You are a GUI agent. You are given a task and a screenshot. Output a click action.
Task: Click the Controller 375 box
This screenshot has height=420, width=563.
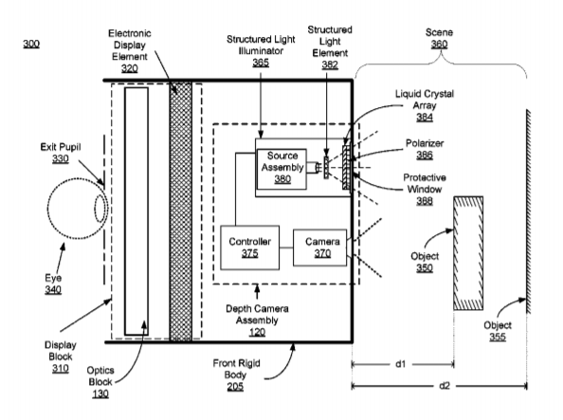tap(250, 247)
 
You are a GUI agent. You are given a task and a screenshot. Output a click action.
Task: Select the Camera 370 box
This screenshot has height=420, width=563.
tap(320, 247)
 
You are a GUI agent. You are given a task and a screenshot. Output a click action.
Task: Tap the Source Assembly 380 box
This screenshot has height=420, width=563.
tap(281, 169)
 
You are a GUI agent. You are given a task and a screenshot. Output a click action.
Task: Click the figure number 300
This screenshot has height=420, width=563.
tap(31, 44)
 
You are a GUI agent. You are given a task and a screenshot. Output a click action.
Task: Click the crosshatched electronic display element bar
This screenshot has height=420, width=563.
tap(181, 210)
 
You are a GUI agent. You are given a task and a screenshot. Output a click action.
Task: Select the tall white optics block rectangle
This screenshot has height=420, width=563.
tap(136, 210)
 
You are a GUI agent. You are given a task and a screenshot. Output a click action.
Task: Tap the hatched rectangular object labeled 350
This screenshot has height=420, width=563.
tap(468, 253)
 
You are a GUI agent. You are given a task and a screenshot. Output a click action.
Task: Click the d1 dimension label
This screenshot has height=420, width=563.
tap(401, 364)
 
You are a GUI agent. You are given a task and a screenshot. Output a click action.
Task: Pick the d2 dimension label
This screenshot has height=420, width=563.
tap(445, 386)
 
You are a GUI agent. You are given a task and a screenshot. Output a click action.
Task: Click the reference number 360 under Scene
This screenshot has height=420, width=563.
tap(439, 45)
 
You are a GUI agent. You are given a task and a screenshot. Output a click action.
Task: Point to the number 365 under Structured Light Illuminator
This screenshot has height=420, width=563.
tap(261, 63)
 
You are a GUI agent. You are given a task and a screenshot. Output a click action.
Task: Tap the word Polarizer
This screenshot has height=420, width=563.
tap(425, 143)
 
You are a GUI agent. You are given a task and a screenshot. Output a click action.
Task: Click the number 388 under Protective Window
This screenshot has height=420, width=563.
tap(425, 201)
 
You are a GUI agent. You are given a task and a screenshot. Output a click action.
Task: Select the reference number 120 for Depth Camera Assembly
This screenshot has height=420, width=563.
tap(257, 332)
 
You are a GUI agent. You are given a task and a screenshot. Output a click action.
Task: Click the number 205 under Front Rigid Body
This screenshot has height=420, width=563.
tap(235, 387)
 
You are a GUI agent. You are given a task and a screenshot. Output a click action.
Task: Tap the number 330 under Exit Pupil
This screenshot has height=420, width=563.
tap(61, 158)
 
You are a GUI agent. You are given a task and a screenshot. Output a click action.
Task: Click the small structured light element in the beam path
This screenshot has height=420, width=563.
tap(326, 168)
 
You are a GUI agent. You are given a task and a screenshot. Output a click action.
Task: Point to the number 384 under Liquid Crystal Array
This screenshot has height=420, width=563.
tap(425, 118)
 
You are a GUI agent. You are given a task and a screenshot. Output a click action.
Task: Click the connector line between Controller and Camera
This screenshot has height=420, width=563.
tap(286, 247)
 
